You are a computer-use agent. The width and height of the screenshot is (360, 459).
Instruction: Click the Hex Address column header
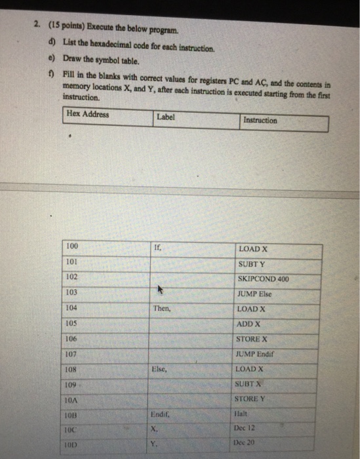(88, 115)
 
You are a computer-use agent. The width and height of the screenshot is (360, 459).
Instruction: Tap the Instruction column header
(260, 121)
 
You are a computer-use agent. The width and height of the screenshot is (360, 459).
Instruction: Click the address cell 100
(72, 247)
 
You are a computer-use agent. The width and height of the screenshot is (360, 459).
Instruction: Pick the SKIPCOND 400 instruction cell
(264, 279)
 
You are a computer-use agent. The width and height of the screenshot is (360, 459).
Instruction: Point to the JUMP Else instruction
(255, 294)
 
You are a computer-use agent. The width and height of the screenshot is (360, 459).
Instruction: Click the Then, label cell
(161, 308)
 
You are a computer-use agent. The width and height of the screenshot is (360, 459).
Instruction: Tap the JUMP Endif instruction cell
(255, 354)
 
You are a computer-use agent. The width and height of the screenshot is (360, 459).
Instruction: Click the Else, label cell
(159, 369)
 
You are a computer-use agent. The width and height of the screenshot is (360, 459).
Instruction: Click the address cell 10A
(73, 399)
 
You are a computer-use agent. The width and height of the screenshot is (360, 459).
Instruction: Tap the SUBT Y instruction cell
(252, 264)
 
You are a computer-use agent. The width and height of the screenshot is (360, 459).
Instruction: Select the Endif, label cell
(161, 414)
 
